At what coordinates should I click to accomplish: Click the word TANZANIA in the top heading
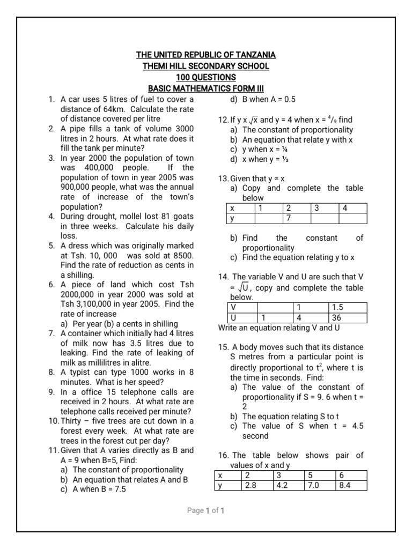(x=253, y=55)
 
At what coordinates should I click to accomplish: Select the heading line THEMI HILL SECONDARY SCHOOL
(x=206, y=66)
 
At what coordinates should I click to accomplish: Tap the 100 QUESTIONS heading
(x=206, y=77)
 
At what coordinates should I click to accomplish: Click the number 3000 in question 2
(x=181, y=129)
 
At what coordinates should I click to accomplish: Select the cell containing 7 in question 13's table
(x=296, y=218)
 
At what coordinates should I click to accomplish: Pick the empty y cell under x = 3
(x=325, y=218)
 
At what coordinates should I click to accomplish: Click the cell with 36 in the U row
(x=347, y=317)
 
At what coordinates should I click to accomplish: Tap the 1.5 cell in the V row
(x=347, y=308)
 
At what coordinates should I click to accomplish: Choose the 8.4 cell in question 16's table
(x=351, y=486)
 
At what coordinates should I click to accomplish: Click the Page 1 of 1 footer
(x=205, y=511)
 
